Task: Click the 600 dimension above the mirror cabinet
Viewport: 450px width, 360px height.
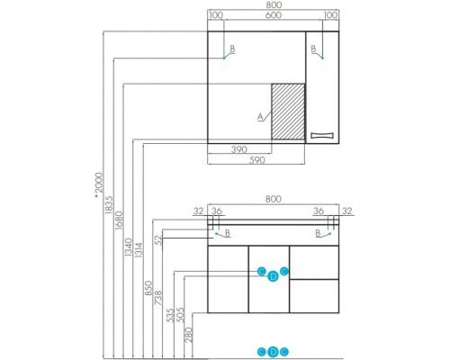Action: coord(274,15)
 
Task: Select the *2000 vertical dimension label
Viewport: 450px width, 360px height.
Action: coord(98,185)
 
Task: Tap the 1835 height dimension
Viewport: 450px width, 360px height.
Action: coord(109,205)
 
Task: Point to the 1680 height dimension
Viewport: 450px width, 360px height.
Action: coord(119,220)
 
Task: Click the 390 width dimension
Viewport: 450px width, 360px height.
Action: coord(239,149)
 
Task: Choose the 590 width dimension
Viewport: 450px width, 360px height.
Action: coord(257,160)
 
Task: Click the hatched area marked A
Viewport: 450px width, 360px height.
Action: coord(288,112)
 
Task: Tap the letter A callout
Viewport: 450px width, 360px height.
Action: coord(260,117)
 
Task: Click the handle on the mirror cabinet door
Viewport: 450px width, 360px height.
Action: coord(322,135)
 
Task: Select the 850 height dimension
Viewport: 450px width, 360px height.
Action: coord(148,288)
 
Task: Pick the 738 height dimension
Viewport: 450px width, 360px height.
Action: coord(158,298)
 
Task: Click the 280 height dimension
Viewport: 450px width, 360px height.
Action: coord(188,335)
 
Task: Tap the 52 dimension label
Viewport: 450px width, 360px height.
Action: coord(159,240)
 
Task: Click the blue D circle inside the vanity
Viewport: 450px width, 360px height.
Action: coord(273,276)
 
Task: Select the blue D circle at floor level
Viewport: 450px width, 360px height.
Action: coord(273,352)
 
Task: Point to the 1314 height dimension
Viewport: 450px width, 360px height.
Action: coord(139,250)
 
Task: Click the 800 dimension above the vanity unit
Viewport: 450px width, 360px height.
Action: coord(274,199)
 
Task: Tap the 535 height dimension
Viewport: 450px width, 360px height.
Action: coord(170,315)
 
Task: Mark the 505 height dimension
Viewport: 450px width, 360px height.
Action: coord(180,315)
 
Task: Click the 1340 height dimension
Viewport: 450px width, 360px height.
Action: coord(129,247)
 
